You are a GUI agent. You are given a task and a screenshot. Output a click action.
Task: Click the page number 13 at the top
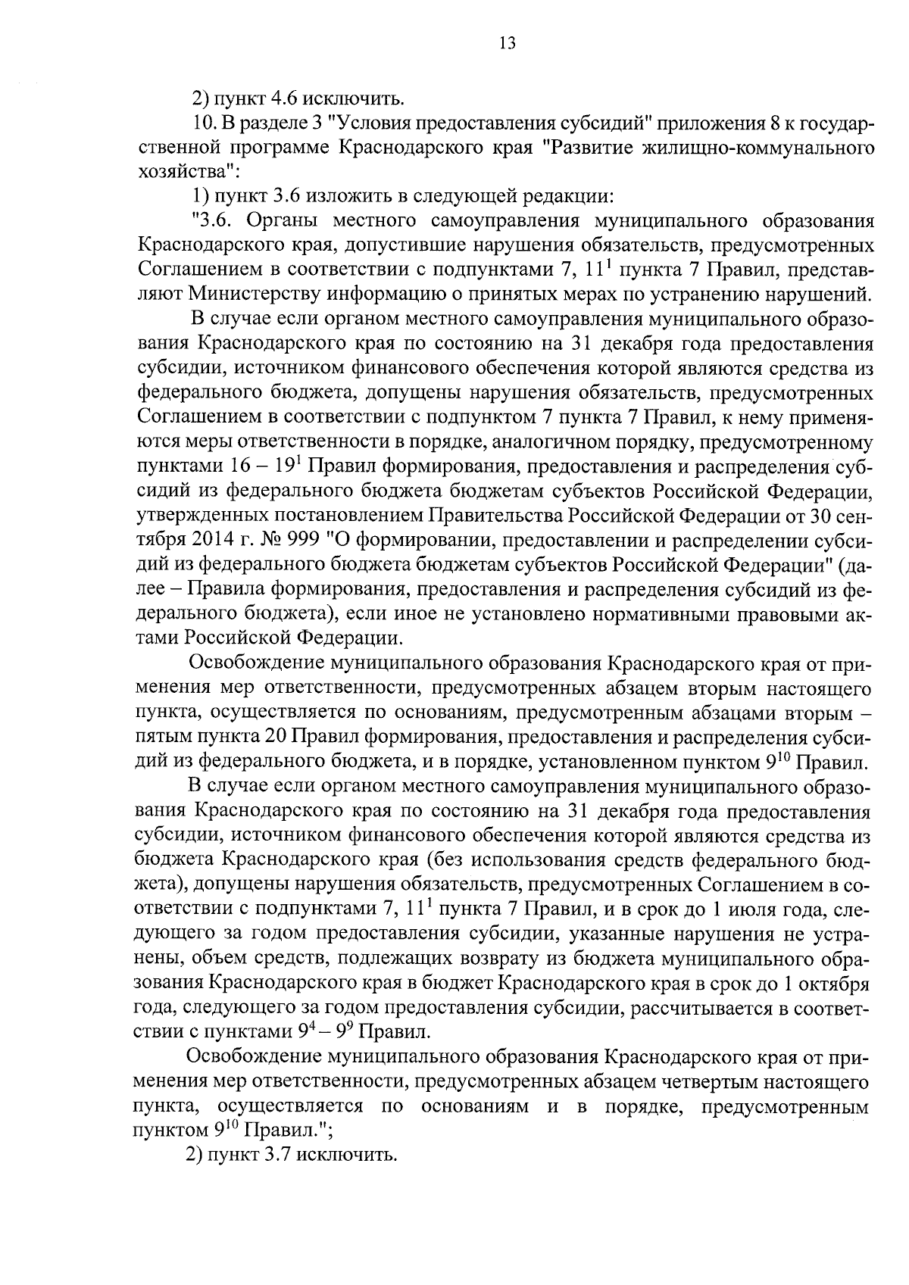(507, 44)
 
